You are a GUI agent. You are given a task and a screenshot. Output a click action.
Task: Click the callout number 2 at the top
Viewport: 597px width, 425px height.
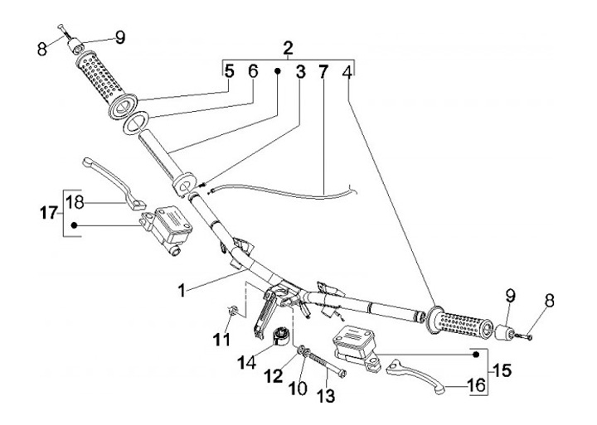click(288, 47)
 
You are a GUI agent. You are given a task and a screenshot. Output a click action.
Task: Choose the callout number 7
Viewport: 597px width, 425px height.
click(323, 72)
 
